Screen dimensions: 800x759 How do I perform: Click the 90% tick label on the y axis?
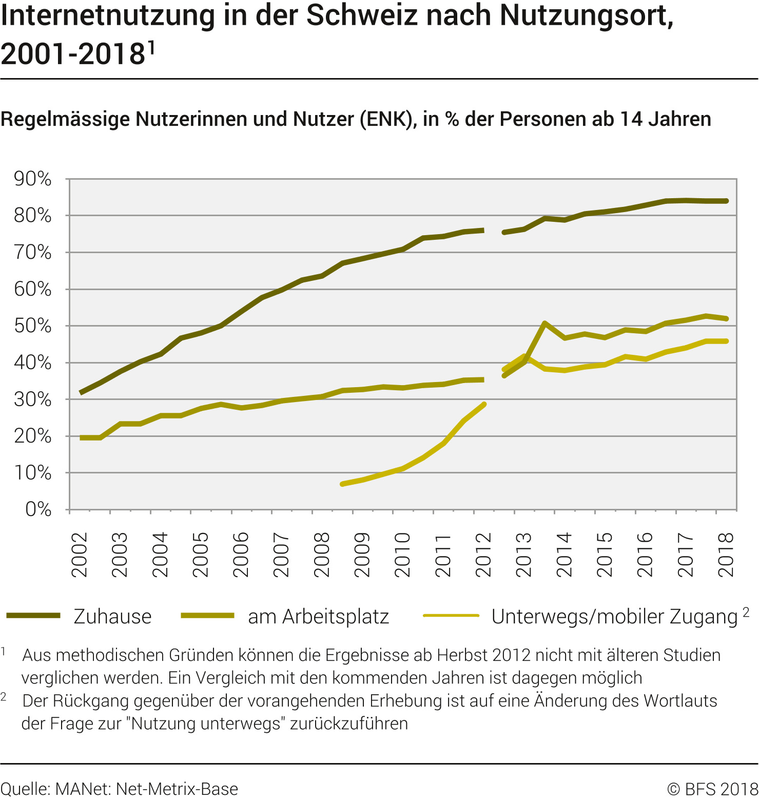(33, 179)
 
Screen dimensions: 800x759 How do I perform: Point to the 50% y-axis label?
(33, 326)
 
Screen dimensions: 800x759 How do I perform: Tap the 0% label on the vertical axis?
(38, 509)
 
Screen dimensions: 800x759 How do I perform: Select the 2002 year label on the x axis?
(80, 555)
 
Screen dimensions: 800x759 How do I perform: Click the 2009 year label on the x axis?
(362, 555)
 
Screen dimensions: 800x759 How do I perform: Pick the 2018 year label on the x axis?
(726, 555)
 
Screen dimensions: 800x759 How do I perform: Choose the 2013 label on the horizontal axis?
(524, 555)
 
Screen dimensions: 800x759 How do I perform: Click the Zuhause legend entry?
(112, 616)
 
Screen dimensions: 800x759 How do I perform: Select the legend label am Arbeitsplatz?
(318, 616)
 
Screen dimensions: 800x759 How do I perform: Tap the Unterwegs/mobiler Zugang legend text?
(614, 616)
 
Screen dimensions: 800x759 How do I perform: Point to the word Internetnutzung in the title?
(108, 15)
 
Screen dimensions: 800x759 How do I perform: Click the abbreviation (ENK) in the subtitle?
(388, 119)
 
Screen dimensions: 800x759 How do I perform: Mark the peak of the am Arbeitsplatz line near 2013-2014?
(544, 323)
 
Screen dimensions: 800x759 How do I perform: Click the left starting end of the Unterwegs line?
(342, 484)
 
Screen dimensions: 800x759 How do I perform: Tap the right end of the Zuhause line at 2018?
(726, 201)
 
